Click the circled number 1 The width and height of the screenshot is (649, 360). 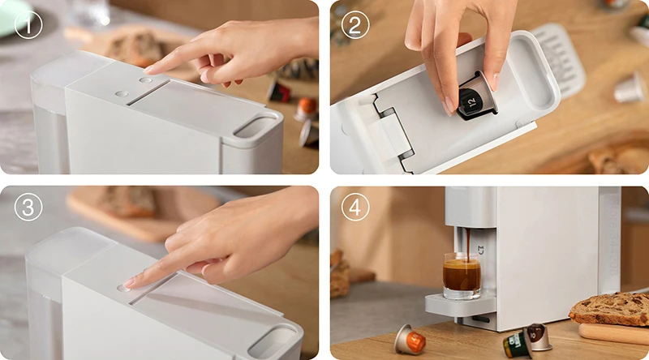(28, 25)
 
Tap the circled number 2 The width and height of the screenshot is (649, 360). (355, 25)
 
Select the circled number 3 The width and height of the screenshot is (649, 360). (28, 207)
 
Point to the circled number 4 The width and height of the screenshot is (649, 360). (355, 207)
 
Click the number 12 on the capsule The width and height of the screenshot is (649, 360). (473, 101)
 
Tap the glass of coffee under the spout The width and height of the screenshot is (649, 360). (462, 275)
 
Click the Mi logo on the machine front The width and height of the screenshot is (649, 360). (481, 250)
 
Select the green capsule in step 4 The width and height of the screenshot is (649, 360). (518, 344)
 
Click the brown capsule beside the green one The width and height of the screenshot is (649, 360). (538, 336)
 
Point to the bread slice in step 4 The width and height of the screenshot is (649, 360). (609, 309)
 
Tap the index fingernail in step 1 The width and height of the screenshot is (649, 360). (149, 70)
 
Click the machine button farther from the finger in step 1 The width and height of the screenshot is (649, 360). (122, 94)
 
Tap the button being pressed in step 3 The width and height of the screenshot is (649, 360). (123, 288)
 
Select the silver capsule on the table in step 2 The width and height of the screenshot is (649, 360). (630, 88)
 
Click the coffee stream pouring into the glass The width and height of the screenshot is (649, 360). (468, 245)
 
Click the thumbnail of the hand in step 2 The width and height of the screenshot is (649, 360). (494, 82)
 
